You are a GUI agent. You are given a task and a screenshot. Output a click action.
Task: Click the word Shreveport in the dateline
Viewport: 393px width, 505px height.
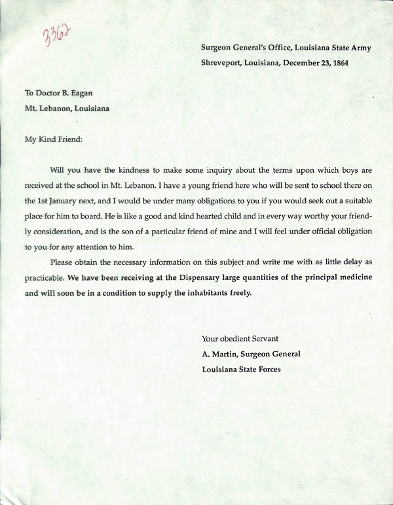223,63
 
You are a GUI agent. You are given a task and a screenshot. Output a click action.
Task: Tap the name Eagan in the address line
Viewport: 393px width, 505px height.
88,94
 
